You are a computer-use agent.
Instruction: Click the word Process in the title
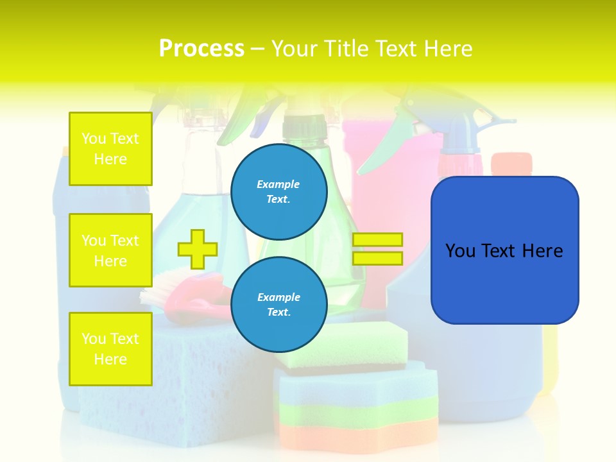point(201,48)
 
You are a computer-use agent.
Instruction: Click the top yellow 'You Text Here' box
point(110,149)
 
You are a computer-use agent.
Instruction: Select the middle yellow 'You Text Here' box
point(110,250)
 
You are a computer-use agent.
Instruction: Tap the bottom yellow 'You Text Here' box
point(110,349)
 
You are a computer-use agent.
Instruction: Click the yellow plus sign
point(198,249)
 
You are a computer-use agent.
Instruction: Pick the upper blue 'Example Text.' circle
point(278,191)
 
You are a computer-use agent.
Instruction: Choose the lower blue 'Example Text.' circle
point(278,304)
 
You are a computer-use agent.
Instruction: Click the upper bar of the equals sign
point(377,239)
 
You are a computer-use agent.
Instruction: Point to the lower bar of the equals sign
point(377,258)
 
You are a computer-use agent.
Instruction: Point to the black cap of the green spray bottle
point(305,126)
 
